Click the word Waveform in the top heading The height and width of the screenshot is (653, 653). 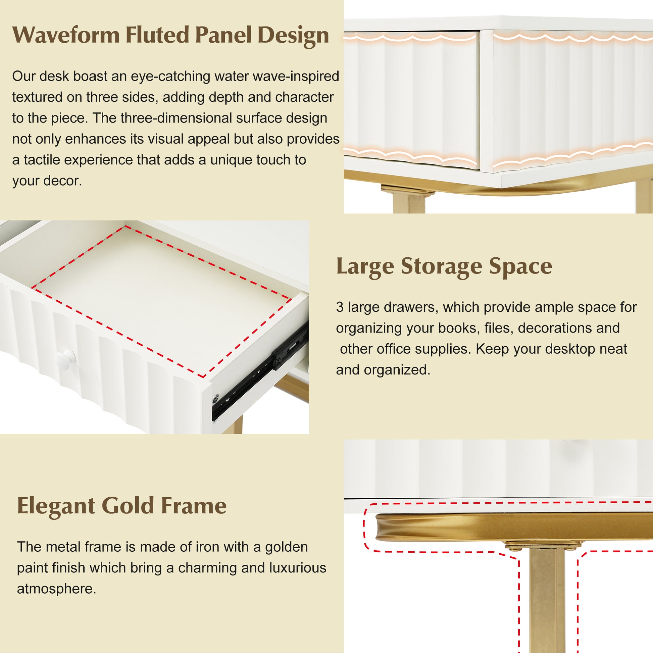[66, 35]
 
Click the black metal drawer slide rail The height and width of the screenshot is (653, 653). [260, 373]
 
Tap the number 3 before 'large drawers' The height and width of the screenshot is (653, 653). [340, 307]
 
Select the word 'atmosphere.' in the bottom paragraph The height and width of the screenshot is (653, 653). [56, 589]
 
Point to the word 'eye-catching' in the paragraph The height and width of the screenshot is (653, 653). [170, 77]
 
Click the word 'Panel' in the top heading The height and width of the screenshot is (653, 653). [223, 35]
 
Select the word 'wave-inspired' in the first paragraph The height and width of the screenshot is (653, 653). [296, 77]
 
